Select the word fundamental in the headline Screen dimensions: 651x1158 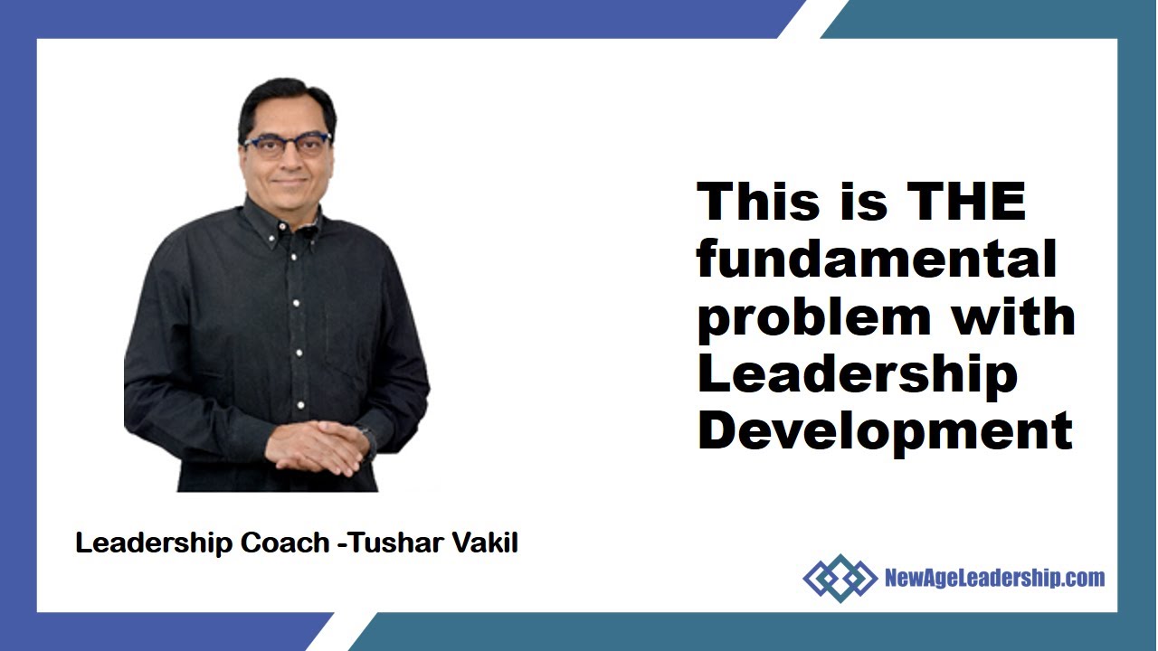pos(876,259)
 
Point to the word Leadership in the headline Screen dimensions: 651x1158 pos(857,375)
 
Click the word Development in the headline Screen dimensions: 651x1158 pos(884,431)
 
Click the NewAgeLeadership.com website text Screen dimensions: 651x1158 pos(993,578)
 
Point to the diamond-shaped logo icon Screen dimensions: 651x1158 pos(839,578)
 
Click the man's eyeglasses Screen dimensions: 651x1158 pos(286,146)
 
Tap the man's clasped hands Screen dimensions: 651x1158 pos(316,446)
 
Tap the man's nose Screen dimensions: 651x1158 pos(288,162)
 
